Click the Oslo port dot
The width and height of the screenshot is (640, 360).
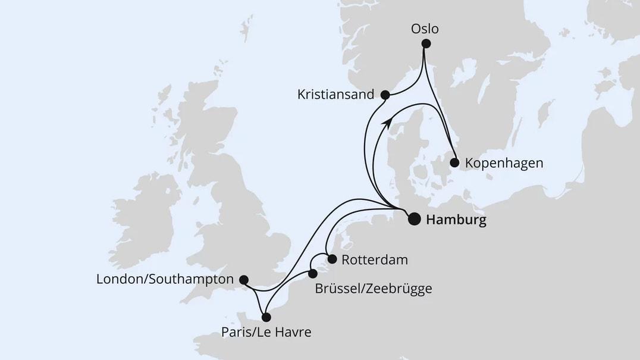[x=425, y=43]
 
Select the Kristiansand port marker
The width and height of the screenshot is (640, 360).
[x=385, y=95]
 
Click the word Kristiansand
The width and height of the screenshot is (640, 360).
[x=337, y=94]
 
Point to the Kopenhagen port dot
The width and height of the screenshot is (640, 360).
[x=454, y=162]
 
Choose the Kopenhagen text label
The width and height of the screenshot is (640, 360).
[x=504, y=162]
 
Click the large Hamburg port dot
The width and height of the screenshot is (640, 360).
[x=413, y=220]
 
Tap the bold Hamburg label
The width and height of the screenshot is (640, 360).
[x=456, y=220]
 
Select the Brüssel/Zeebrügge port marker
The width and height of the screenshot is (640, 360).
[x=313, y=274]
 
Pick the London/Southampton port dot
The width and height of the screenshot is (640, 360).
[x=243, y=279]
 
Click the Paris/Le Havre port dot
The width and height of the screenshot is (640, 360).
[x=266, y=317]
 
